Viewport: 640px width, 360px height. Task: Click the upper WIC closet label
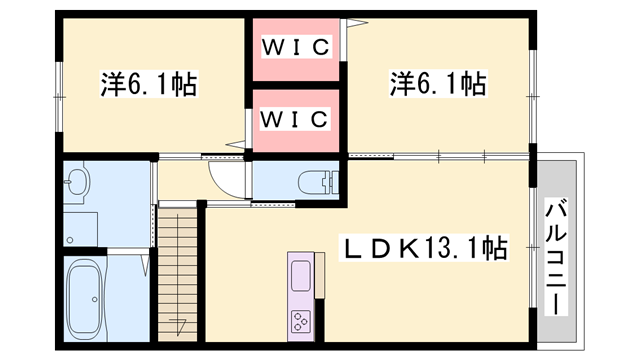coord(296,47)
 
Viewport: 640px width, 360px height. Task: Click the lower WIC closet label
coord(294,119)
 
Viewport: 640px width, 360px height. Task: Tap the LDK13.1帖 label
coord(424,248)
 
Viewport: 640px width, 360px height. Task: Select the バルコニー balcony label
coord(556,257)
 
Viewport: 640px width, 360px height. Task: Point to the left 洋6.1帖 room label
coord(149,84)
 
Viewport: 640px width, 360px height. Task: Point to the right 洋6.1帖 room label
coord(438,84)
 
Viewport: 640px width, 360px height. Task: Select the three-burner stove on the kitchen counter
coord(300,320)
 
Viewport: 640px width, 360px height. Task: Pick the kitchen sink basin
coord(301,277)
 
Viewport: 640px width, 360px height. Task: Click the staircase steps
coord(178,274)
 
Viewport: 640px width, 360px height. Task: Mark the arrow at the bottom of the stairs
coord(178,325)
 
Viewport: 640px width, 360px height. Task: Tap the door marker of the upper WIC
coord(353,23)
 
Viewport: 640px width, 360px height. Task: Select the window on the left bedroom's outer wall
coord(60,97)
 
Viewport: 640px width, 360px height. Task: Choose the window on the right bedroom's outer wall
coord(532,96)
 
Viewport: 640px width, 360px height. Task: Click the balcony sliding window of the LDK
coord(532,247)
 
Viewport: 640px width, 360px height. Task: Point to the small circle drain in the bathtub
coord(95,300)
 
